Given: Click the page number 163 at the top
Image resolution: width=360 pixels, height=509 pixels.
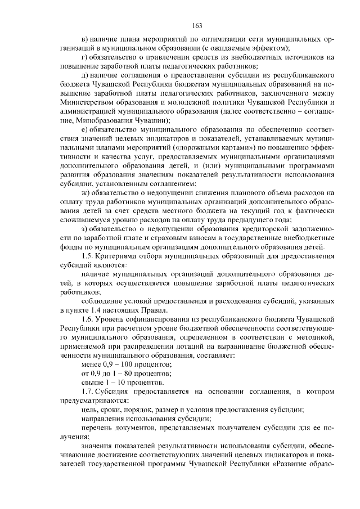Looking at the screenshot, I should [197, 25].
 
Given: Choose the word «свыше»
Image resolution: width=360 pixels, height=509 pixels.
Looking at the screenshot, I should [92, 382].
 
